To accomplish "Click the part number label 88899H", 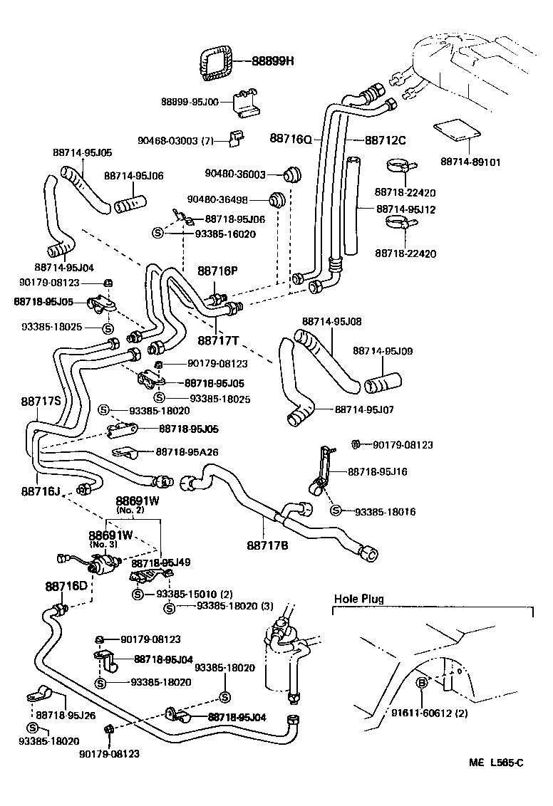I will (x=273, y=61).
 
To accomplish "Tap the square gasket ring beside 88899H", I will (x=214, y=62).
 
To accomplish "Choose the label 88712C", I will (x=386, y=140).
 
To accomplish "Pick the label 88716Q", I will (x=291, y=138).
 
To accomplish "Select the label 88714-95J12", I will (x=406, y=209).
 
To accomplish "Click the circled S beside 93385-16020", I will (x=158, y=234).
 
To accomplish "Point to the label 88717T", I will (x=218, y=340).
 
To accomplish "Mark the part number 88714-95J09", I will (x=383, y=351).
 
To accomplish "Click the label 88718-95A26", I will (x=188, y=451).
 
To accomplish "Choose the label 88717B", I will (x=268, y=545).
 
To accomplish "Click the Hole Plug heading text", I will (x=359, y=599).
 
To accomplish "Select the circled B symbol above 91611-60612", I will (x=421, y=683).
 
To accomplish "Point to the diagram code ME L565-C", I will (x=496, y=763).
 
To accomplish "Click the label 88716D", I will (x=66, y=586).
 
